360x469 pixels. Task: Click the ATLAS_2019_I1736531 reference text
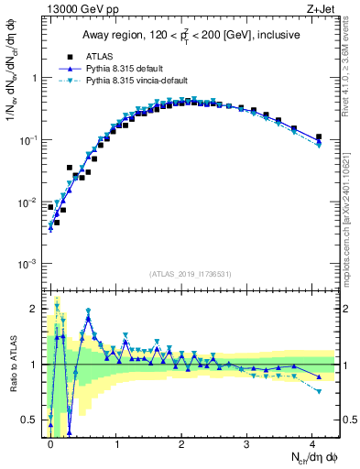pos(189,273)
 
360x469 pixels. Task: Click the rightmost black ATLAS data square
pos(319,137)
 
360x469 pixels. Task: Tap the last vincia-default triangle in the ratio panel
pos(319,391)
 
